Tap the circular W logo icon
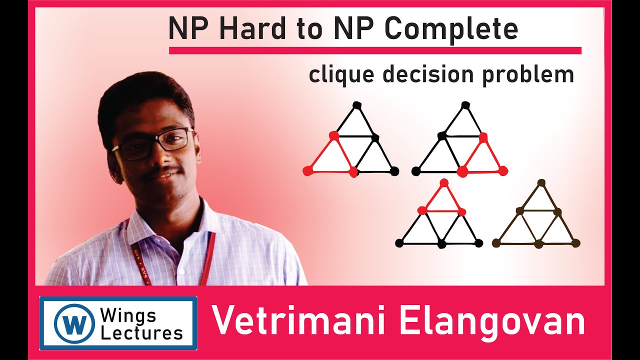point(74,323)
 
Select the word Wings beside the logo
point(128,315)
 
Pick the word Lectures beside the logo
point(141,332)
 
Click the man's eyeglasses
point(155,142)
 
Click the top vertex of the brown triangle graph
point(540,182)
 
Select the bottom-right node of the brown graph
point(575,243)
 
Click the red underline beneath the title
point(375,50)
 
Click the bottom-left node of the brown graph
point(496,243)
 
